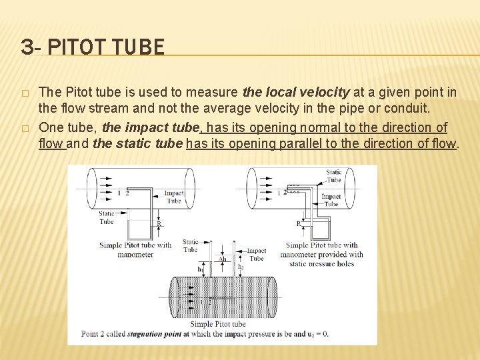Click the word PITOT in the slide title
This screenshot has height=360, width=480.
coord(78,47)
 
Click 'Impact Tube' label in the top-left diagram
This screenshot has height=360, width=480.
coord(174,197)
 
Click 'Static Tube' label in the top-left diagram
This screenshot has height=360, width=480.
coord(106,217)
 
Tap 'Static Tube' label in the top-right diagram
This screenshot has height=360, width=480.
coord(333,176)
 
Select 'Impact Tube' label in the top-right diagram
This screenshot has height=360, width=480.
coord(331,200)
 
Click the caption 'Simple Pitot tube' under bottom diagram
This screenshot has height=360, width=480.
coord(218,323)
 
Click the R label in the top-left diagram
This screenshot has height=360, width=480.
coord(158,225)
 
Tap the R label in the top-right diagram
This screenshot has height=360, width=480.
coord(298,224)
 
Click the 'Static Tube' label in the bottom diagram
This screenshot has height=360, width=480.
coord(190,245)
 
